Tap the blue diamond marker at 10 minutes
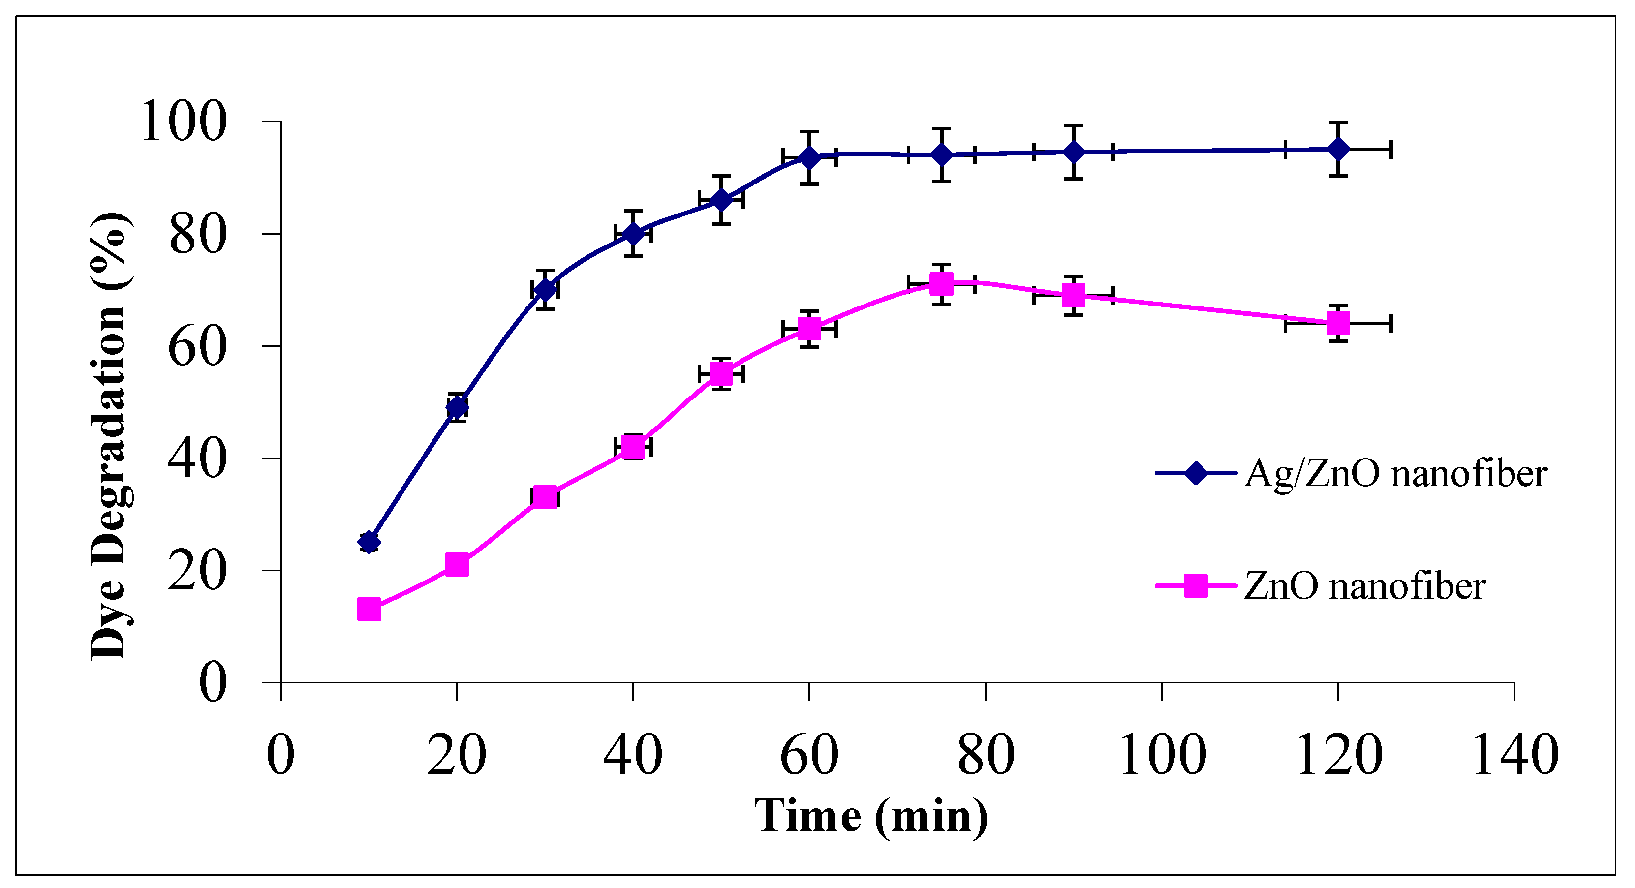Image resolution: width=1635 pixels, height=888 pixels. click(x=369, y=542)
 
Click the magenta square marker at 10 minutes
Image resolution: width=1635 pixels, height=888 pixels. click(x=369, y=610)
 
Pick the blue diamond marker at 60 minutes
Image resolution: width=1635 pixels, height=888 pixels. click(x=809, y=157)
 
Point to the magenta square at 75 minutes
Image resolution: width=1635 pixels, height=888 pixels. click(x=941, y=284)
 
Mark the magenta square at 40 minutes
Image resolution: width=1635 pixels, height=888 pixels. click(x=633, y=447)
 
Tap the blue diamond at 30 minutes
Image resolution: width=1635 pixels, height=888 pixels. click(x=545, y=289)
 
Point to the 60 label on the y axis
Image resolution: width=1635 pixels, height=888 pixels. click(x=197, y=346)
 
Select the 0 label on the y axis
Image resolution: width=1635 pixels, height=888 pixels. click(x=213, y=682)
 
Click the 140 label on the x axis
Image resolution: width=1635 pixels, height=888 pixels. click(x=1515, y=753)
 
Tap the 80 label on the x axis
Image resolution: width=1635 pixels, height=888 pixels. click(x=985, y=753)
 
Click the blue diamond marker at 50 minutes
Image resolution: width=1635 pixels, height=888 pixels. click(x=721, y=199)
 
